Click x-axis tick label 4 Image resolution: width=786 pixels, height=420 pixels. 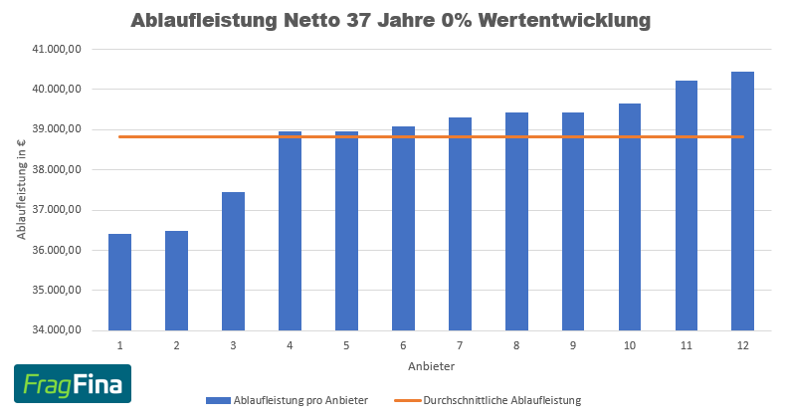290,345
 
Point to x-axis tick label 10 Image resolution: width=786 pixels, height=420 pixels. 630,345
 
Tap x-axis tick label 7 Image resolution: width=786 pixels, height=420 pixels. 460,345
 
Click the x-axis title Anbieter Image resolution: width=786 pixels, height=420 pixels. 431,366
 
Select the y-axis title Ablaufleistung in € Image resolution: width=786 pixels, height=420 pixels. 21,189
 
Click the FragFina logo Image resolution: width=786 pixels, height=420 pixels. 72,384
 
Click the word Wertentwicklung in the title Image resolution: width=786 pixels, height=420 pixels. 564,20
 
